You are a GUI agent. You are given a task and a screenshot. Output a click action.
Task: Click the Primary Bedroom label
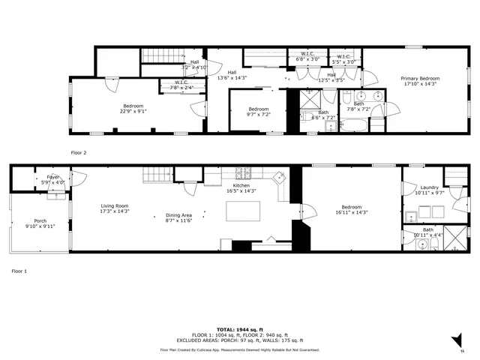(419, 79)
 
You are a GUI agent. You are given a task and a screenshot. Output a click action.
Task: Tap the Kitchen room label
(241, 185)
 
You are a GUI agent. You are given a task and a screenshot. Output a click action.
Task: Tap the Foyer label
(53, 177)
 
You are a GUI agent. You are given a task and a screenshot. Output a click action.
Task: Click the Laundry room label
(429, 187)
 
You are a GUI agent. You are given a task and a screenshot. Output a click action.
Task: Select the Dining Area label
(178, 215)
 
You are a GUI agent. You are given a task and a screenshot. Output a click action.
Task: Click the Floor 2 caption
(79, 152)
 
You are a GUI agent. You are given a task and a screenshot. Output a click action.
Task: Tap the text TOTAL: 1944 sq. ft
(239, 329)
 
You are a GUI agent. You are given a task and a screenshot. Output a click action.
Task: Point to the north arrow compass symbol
(454, 341)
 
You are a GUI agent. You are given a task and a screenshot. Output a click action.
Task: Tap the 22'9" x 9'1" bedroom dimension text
(133, 111)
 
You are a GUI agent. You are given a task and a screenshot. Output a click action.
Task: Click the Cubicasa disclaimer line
(239, 349)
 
